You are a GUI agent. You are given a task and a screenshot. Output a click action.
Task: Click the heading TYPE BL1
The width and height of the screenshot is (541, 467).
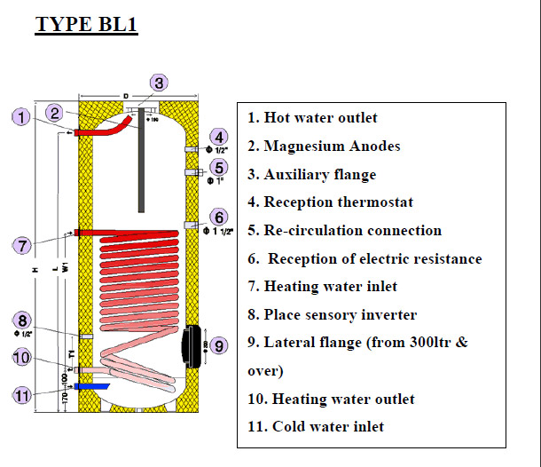86,23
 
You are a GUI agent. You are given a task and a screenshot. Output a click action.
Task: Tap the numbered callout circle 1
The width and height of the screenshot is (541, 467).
22,116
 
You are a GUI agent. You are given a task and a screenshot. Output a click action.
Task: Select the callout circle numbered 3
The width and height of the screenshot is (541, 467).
157,83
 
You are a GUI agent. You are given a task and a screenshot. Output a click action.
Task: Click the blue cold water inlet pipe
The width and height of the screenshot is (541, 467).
93,387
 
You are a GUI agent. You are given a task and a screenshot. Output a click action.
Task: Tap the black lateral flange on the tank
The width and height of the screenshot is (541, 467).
192,344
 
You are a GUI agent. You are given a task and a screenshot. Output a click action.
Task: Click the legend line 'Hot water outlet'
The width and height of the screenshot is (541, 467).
312,118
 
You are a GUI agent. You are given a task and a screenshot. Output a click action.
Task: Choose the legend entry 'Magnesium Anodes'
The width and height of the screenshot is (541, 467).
323,146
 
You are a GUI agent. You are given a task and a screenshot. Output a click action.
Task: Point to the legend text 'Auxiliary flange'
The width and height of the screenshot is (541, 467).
311,175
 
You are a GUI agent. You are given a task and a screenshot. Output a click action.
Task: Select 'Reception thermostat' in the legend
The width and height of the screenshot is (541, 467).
330,203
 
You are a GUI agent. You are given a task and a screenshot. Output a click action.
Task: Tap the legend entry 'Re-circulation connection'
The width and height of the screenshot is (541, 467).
344,231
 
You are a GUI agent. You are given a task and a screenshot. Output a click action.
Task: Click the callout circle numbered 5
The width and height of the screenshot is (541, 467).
219,166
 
